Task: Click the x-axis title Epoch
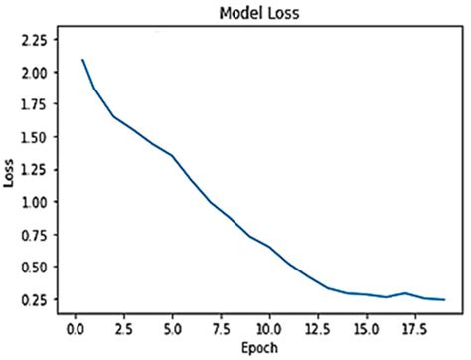(259, 347)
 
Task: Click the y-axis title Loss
(11, 178)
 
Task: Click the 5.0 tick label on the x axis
(173, 326)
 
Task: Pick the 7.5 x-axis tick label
(222, 326)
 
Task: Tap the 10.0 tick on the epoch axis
(269, 326)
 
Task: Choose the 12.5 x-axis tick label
(318, 326)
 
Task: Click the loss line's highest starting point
(83, 60)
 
